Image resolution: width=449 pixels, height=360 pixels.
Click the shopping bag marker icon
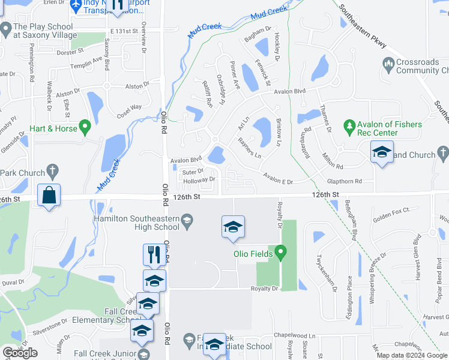pos(48,195)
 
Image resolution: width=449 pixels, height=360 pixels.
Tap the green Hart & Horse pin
pos(85,127)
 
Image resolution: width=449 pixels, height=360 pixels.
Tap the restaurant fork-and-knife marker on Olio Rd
pos(154,254)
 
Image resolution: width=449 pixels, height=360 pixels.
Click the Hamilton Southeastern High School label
pos(137,222)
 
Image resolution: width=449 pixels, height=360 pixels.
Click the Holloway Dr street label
pos(199,179)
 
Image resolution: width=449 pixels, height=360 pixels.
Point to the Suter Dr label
pos(193,171)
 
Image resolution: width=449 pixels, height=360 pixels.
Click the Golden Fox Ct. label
pos(391,210)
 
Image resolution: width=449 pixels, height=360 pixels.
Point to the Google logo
pos(20,353)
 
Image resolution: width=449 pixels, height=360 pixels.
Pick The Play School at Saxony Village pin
pos(6,28)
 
